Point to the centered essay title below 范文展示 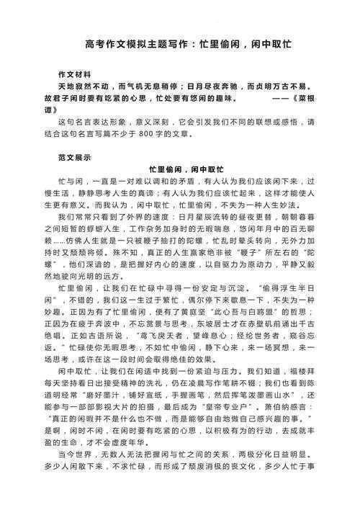pos(179,169)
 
